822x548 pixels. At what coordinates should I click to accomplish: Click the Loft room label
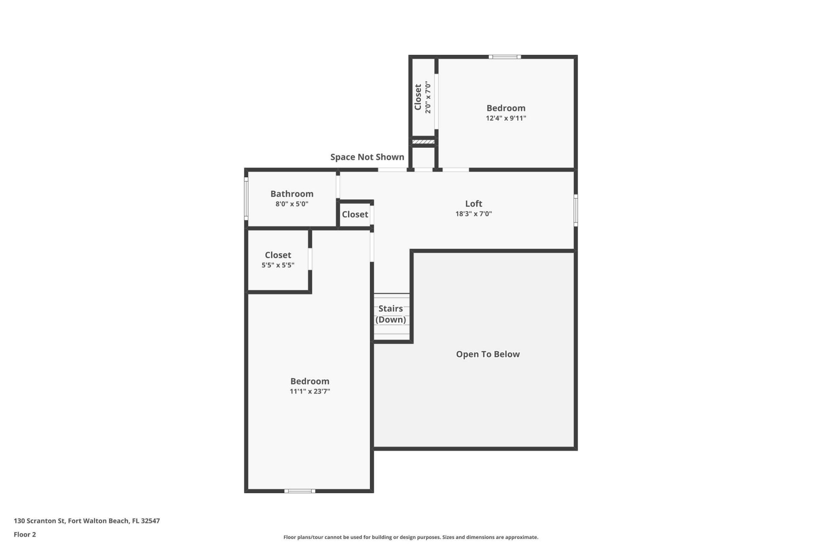click(474, 204)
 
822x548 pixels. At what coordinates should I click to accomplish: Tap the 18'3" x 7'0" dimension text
click(474, 214)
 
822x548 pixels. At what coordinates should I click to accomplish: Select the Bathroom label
click(292, 194)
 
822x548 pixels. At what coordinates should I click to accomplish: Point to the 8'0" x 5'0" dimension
click(292, 204)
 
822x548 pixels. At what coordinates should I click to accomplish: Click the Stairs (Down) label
click(390, 314)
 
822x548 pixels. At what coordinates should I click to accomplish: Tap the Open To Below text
click(488, 354)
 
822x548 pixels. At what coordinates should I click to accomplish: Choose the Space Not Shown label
click(367, 157)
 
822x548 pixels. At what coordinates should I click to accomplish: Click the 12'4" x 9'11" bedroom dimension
click(506, 118)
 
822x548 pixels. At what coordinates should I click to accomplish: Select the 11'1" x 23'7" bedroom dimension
click(310, 391)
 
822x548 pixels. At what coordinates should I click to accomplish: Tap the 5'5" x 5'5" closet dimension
click(278, 265)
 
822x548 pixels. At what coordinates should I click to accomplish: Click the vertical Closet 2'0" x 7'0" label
click(422, 97)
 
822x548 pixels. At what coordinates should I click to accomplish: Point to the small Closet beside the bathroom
click(355, 214)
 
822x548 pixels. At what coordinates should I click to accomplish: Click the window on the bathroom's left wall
click(246, 198)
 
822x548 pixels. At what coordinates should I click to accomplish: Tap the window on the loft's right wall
click(576, 210)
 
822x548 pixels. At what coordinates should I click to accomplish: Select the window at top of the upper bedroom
click(505, 57)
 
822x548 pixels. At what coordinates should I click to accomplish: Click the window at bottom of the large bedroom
click(300, 491)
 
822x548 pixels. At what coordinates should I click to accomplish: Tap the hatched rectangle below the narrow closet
click(423, 142)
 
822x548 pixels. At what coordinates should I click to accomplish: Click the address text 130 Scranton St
click(86, 521)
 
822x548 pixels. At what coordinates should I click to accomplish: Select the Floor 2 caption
click(25, 535)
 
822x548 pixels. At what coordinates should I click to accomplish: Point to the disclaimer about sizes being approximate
click(411, 537)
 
